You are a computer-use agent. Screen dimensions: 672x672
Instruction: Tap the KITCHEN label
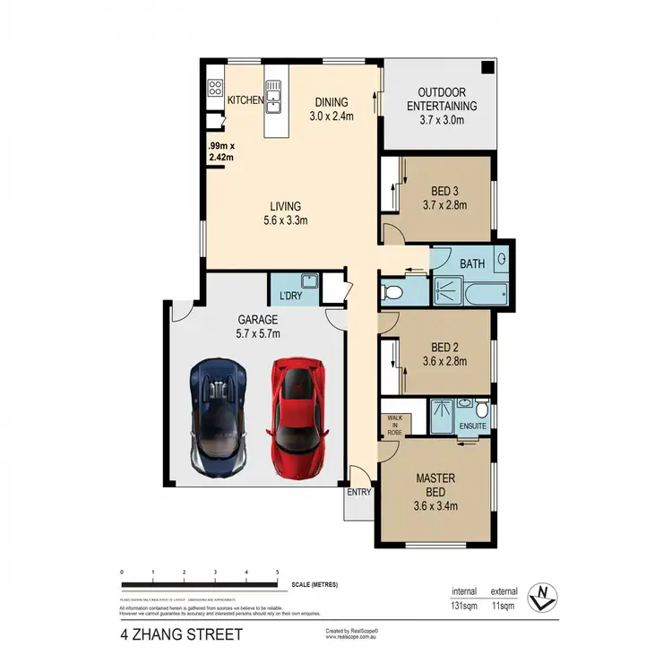[x=245, y=100]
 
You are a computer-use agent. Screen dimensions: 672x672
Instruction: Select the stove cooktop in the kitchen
[x=215, y=88]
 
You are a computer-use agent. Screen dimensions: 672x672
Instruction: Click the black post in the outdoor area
[x=487, y=68]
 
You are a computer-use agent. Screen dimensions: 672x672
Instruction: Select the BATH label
[x=472, y=265]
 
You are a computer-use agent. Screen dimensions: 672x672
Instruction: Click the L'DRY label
[x=290, y=295]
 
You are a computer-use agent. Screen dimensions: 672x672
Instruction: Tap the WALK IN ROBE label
[x=394, y=425]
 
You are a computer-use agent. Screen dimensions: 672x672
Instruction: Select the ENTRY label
[x=358, y=492]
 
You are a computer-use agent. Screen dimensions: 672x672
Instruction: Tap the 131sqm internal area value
[x=462, y=606]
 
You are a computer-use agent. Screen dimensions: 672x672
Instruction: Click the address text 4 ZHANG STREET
[x=181, y=636]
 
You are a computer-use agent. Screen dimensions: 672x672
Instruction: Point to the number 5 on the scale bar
[x=278, y=571]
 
